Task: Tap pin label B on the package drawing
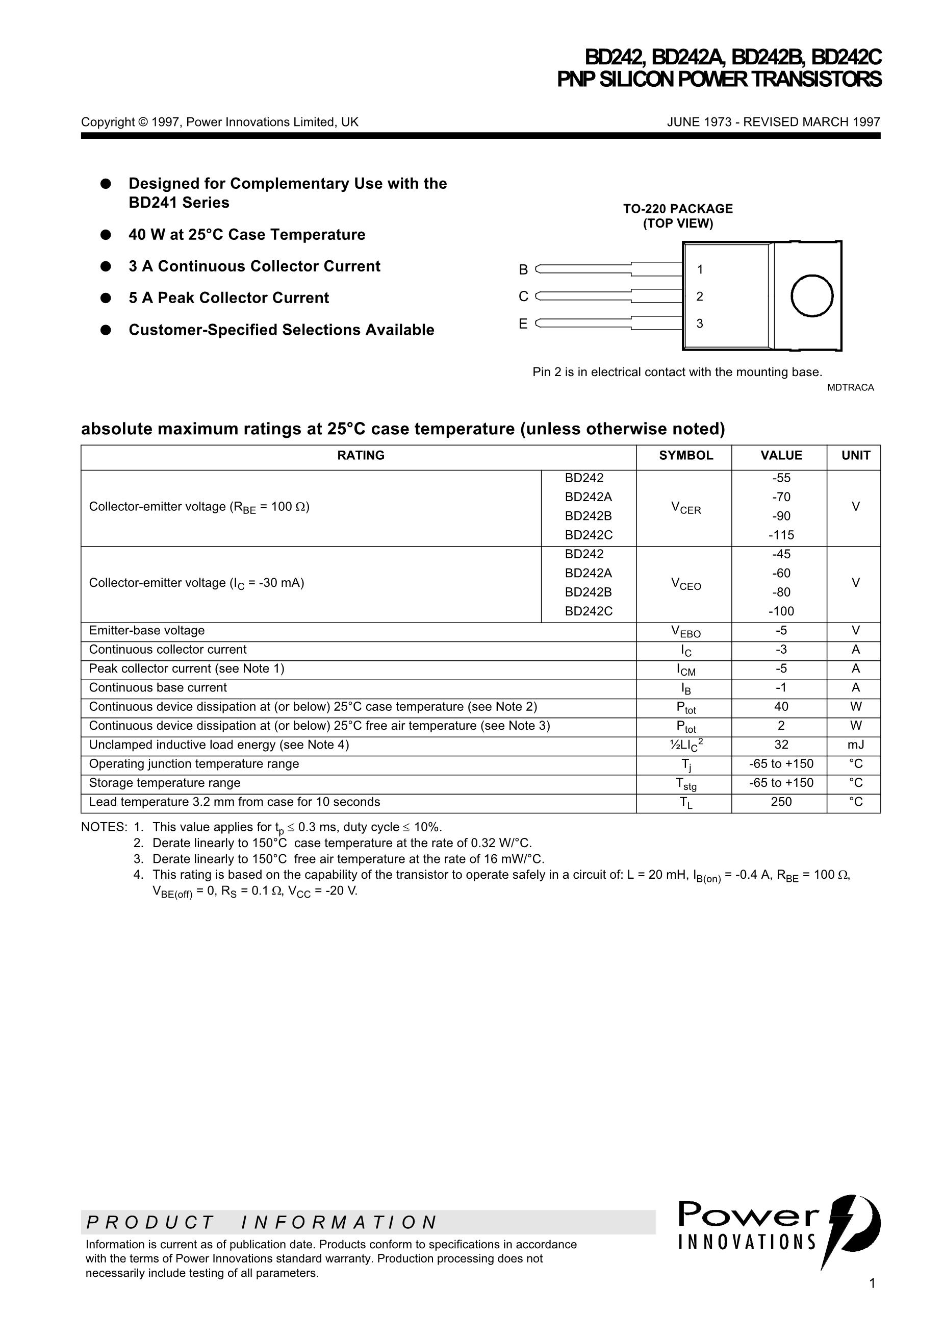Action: (523, 269)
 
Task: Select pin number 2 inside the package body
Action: (700, 296)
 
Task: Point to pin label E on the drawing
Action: (523, 324)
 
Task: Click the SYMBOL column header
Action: (685, 455)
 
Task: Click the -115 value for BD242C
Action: (781, 535)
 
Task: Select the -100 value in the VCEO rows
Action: (781, 611)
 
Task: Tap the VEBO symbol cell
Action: (685, 631)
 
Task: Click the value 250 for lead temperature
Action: (781, 802)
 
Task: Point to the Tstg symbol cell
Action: (685, 784)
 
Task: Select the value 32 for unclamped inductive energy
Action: (781, 745)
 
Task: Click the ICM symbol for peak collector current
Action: (685, 670)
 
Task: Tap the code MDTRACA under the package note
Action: (850, 388)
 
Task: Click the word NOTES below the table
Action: (104, 827)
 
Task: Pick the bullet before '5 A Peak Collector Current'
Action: (106, 298)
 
